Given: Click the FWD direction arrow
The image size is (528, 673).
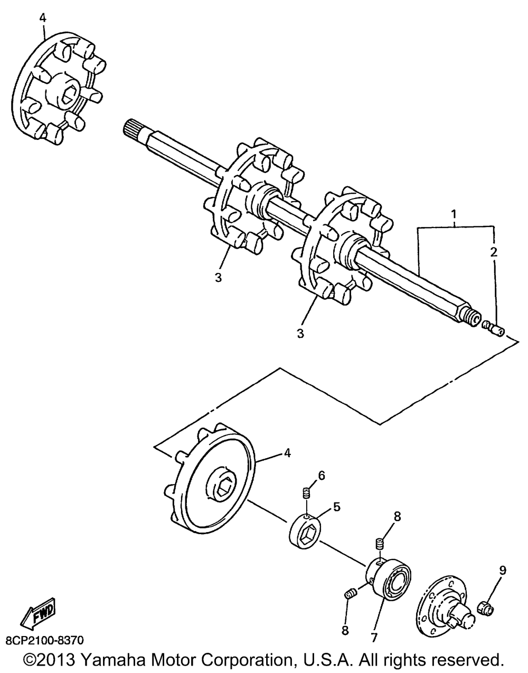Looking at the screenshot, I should coord(37,613).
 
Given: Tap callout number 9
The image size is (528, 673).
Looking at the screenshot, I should coord(502,570).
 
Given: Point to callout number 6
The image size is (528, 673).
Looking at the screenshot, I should coord(322,476).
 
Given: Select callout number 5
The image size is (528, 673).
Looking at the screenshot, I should coord(336,507).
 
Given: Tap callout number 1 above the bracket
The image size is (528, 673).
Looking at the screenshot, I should coord(453,215).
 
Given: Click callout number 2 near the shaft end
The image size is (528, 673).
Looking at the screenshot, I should coord(494,252).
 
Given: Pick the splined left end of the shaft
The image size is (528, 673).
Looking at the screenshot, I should coord(134,129).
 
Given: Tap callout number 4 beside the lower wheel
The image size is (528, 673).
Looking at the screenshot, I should coord(287,453).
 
